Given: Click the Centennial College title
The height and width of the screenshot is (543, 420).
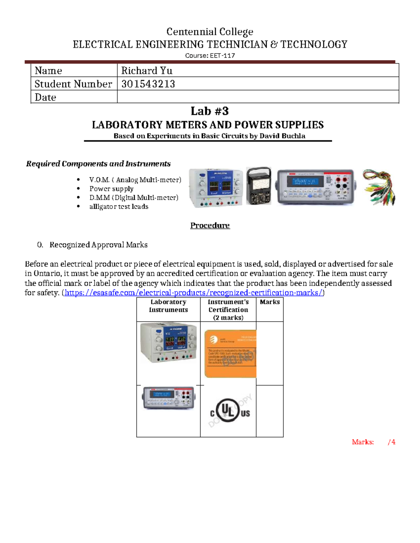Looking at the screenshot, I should coord(210,32).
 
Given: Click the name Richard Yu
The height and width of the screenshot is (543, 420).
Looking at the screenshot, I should coord(147,71).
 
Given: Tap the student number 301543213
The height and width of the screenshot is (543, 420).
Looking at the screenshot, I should coord(148,84).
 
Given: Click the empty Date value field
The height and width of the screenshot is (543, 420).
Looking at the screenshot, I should coord(258,97).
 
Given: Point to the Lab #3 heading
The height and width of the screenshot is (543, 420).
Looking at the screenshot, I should coord(210,111).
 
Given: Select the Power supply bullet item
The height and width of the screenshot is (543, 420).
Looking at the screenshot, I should coord(111,189).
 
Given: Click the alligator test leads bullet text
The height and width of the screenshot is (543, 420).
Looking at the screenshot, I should coord(119,207).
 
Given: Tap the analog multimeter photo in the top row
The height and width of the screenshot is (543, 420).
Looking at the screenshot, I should coord(258,186).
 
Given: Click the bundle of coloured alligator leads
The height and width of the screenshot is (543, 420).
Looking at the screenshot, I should coord(379,187).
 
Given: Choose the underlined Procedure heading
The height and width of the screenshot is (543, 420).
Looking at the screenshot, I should coord(210,226).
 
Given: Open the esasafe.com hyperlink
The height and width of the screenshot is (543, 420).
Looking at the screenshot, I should coord(194,293).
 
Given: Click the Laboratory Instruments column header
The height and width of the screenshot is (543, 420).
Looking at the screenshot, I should coord(168,306).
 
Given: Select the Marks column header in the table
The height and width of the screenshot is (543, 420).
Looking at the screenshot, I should coord(269,302).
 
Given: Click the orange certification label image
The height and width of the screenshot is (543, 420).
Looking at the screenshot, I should coord(230,353).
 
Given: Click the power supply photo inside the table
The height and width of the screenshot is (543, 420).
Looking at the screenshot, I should coord(168,343).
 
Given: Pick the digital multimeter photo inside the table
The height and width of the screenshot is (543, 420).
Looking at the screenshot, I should coord(168,398).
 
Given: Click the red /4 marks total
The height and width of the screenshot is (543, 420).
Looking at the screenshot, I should coord(392,442).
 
